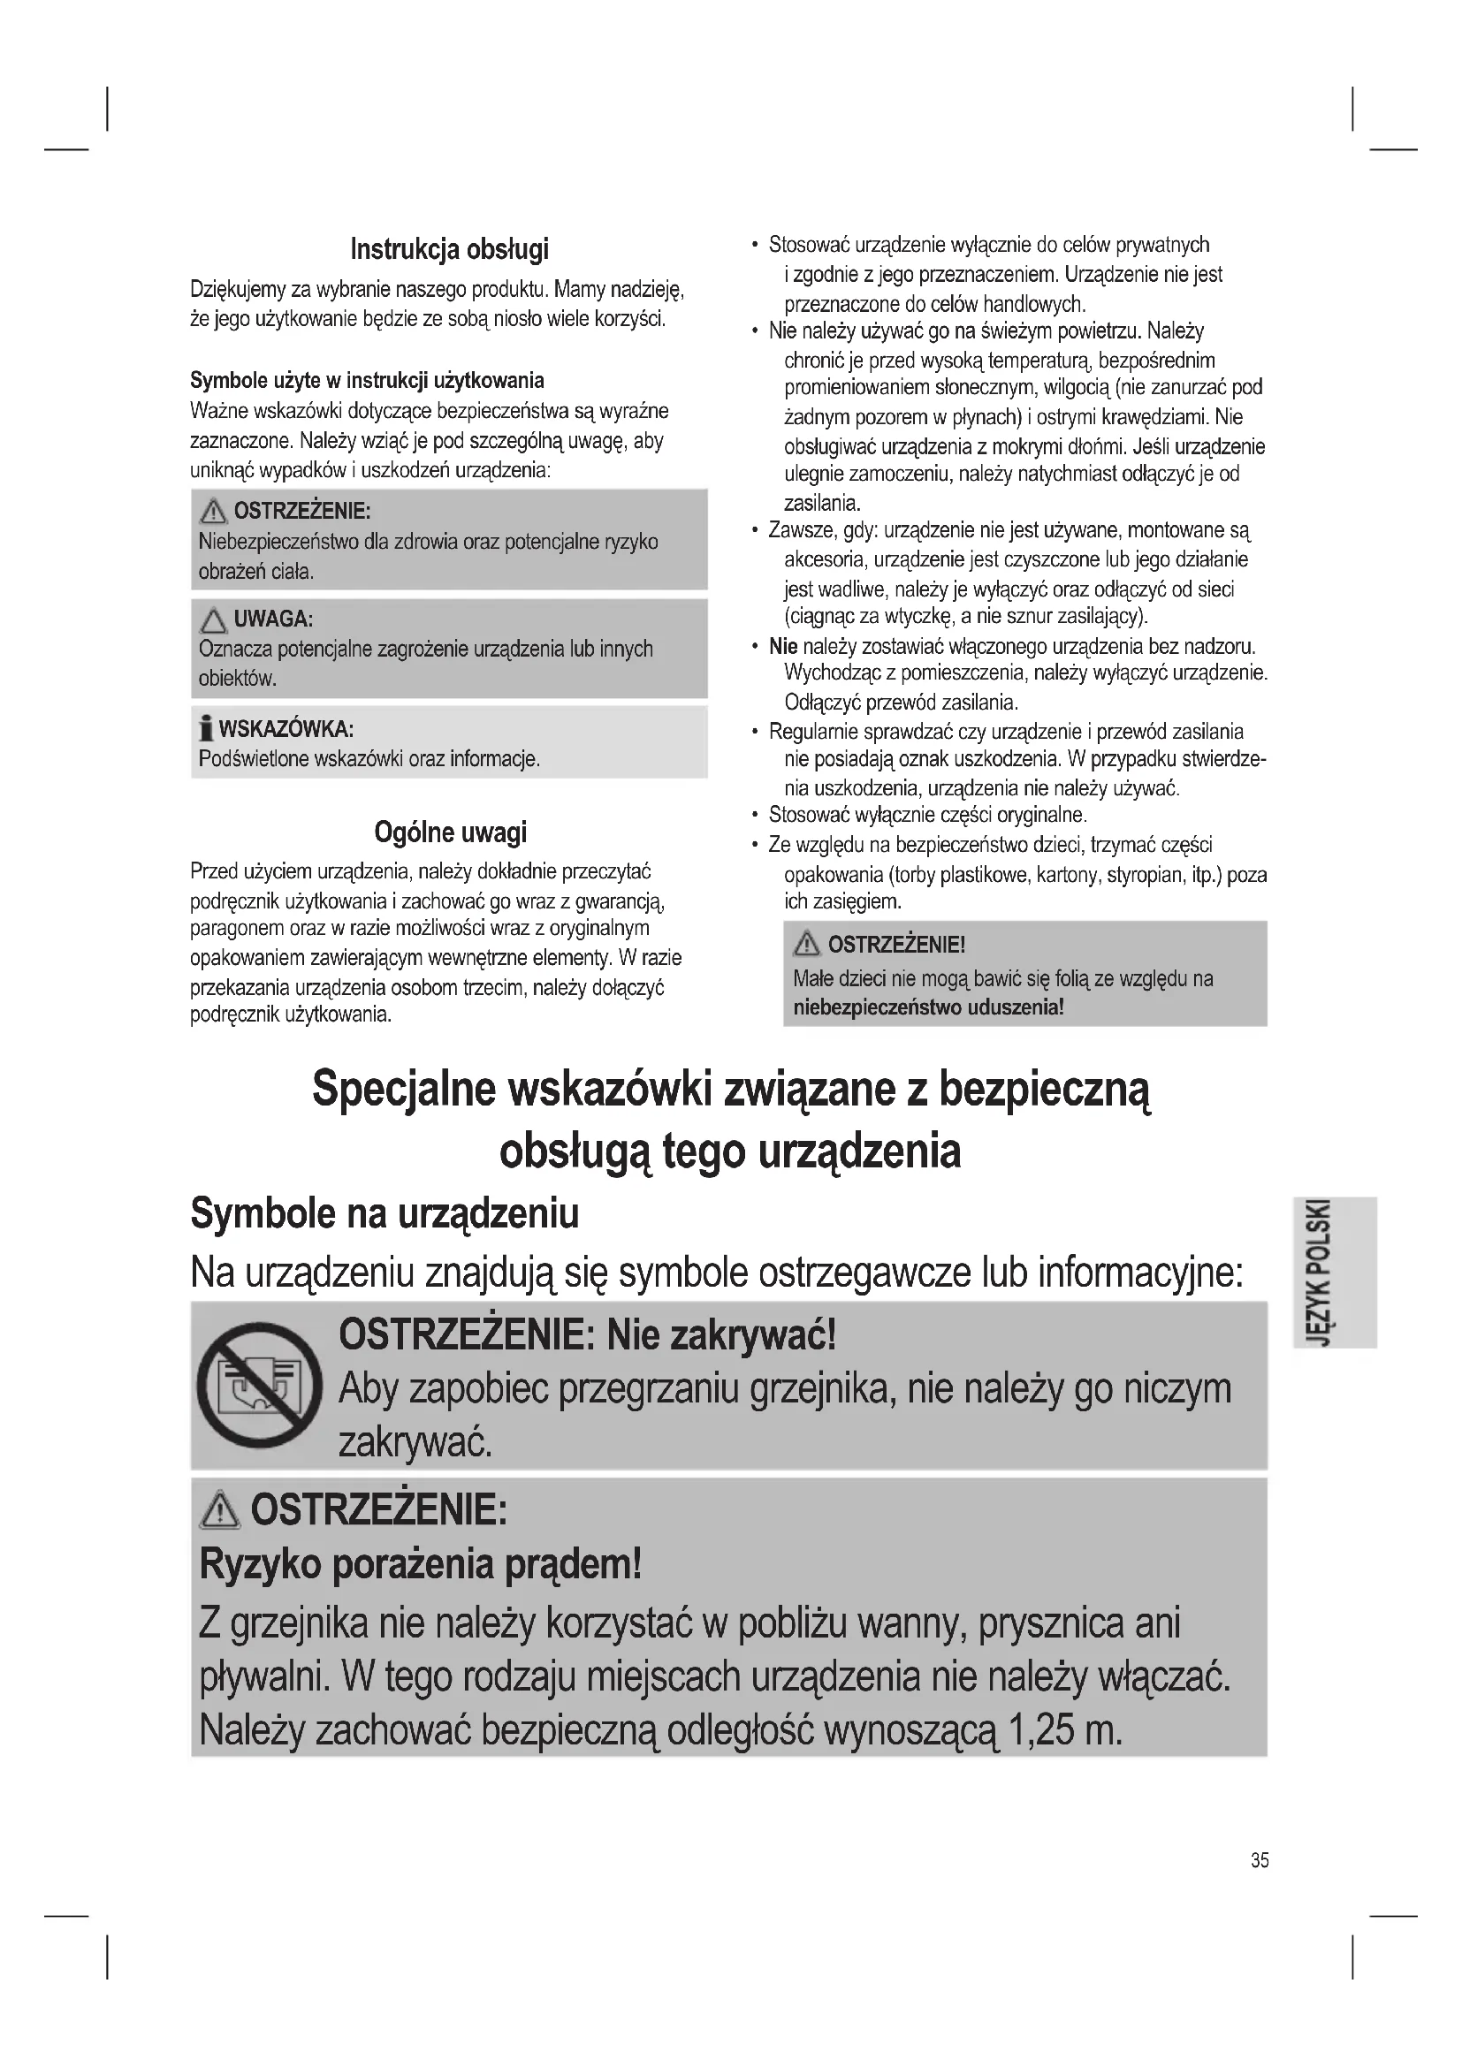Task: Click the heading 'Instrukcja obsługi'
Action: point(449,249)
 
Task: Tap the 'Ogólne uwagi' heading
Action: point(450,832)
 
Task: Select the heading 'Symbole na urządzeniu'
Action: point(385,1213)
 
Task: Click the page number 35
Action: point(1260,1860)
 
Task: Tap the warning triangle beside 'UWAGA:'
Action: point(213,620)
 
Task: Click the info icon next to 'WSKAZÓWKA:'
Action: point(206,727)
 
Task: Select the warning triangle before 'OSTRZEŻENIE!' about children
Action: point(806,945)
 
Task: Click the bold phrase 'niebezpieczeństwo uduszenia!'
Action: point(928,1007)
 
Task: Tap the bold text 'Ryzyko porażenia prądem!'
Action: point(421,1566)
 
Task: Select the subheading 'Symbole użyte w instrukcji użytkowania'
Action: point(367,380)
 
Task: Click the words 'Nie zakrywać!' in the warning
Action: point(722,1334)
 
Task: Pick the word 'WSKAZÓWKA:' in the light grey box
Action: point(286,728)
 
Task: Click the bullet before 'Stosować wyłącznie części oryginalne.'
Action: point(754,816)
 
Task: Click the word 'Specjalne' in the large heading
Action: point(403,1090)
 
